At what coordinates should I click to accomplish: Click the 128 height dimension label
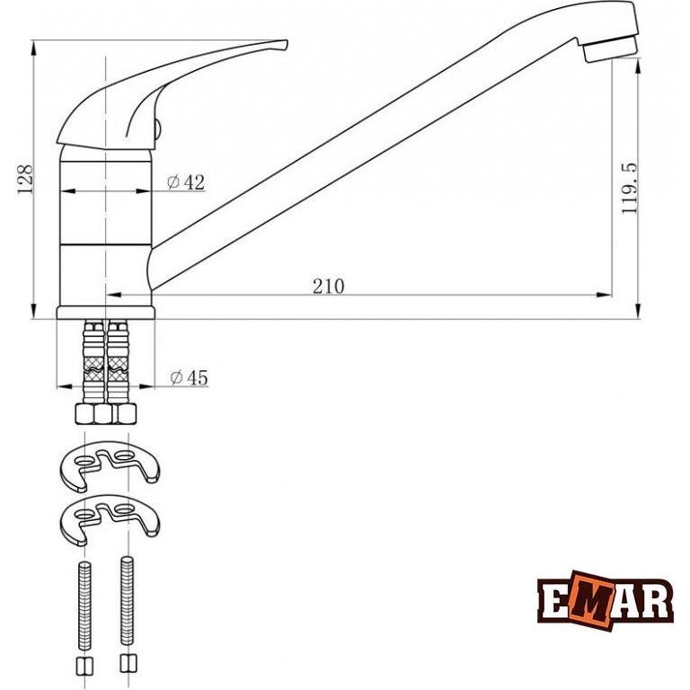24,179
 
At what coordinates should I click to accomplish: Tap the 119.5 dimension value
629,189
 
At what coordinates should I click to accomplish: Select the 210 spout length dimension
328,287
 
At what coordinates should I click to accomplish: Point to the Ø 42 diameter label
186,182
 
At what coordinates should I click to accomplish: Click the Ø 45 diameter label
189,377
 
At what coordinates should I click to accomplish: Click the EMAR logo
606,601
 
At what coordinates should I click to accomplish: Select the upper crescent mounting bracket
110,466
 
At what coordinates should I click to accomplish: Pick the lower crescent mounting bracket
110,519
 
